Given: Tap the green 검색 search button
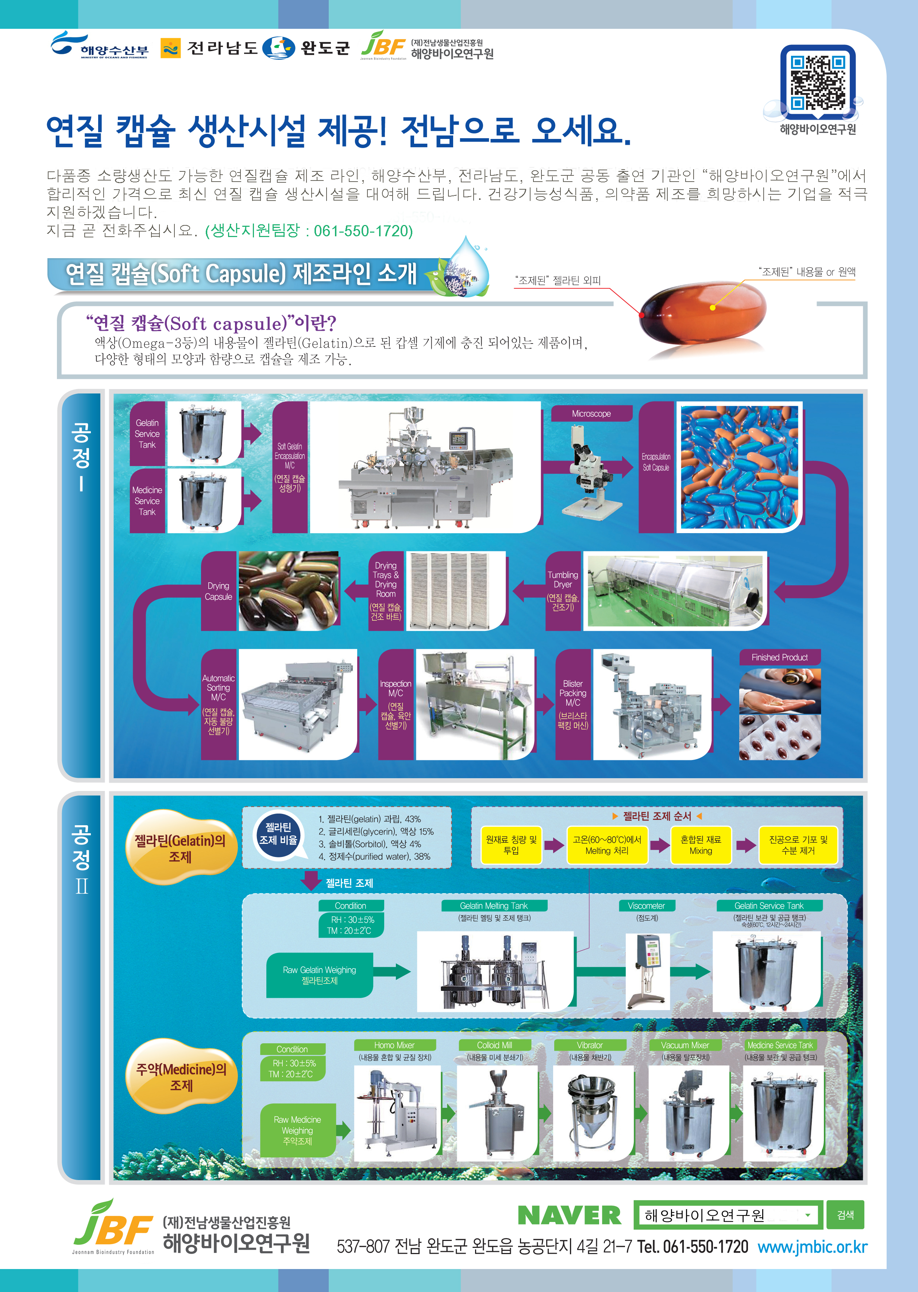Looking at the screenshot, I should (845, 1215).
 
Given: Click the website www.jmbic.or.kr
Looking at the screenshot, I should (812, 1247).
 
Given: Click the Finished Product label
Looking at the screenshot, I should (779, 657).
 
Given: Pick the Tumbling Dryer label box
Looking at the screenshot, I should (563, 591).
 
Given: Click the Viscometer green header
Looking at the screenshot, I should (646, 905).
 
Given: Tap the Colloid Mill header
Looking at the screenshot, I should (494, 1045).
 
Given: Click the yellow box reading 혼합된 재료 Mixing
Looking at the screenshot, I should (701, 845).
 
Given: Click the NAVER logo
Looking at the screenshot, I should (569, 1215).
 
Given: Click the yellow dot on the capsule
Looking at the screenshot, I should (712, 307).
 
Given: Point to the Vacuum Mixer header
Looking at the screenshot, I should (684, 1045).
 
